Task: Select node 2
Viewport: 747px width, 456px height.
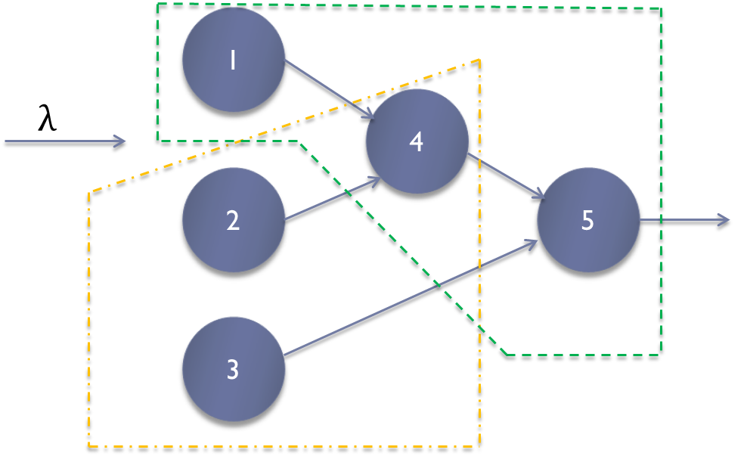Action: pos(233,221)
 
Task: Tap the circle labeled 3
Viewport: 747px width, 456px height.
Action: pos(233,370)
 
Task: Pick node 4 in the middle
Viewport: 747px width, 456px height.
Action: pos(416,141)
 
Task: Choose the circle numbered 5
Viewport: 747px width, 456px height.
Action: pos(587,221)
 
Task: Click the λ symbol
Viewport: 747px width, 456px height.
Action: pos(48,119)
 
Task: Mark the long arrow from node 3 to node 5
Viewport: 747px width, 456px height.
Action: pos(408,298)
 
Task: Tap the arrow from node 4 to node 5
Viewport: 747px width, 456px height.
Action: pos(507,178)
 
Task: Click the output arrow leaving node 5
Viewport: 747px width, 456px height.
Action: pos(684,221)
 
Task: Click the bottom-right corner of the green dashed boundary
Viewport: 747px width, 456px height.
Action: pos(662,353)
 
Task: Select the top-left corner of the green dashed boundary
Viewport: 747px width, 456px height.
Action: pos(157,6)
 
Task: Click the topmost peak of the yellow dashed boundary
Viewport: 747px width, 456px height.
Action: pos(479,60)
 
